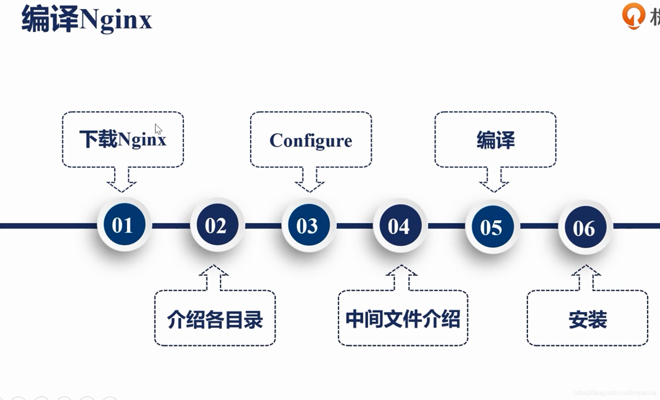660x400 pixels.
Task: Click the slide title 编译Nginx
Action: coord(87,19)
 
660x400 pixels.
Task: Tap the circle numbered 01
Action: coord(124,224)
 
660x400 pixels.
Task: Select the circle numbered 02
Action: coord(216,225)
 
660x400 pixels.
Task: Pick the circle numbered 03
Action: coord(308,226)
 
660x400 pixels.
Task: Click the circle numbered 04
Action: coord(399,226)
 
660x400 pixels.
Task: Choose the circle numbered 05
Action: coord(492,227)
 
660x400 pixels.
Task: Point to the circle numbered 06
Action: coord(584,228)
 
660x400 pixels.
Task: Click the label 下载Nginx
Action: coord(123,139)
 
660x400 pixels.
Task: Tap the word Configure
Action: coord(311,140)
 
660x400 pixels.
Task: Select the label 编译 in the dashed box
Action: coord(496,140)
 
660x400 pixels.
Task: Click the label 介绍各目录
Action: coord(215,319)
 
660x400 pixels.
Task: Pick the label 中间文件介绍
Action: coord(403,319)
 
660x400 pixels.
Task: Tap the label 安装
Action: coord(587,319)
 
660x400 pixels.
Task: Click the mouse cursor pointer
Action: coord(158,129)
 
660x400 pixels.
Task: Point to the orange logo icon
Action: coord(633,15)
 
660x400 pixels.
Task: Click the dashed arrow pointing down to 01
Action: coord(121,180)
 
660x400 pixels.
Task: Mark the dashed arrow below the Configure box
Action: coord(310,180)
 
